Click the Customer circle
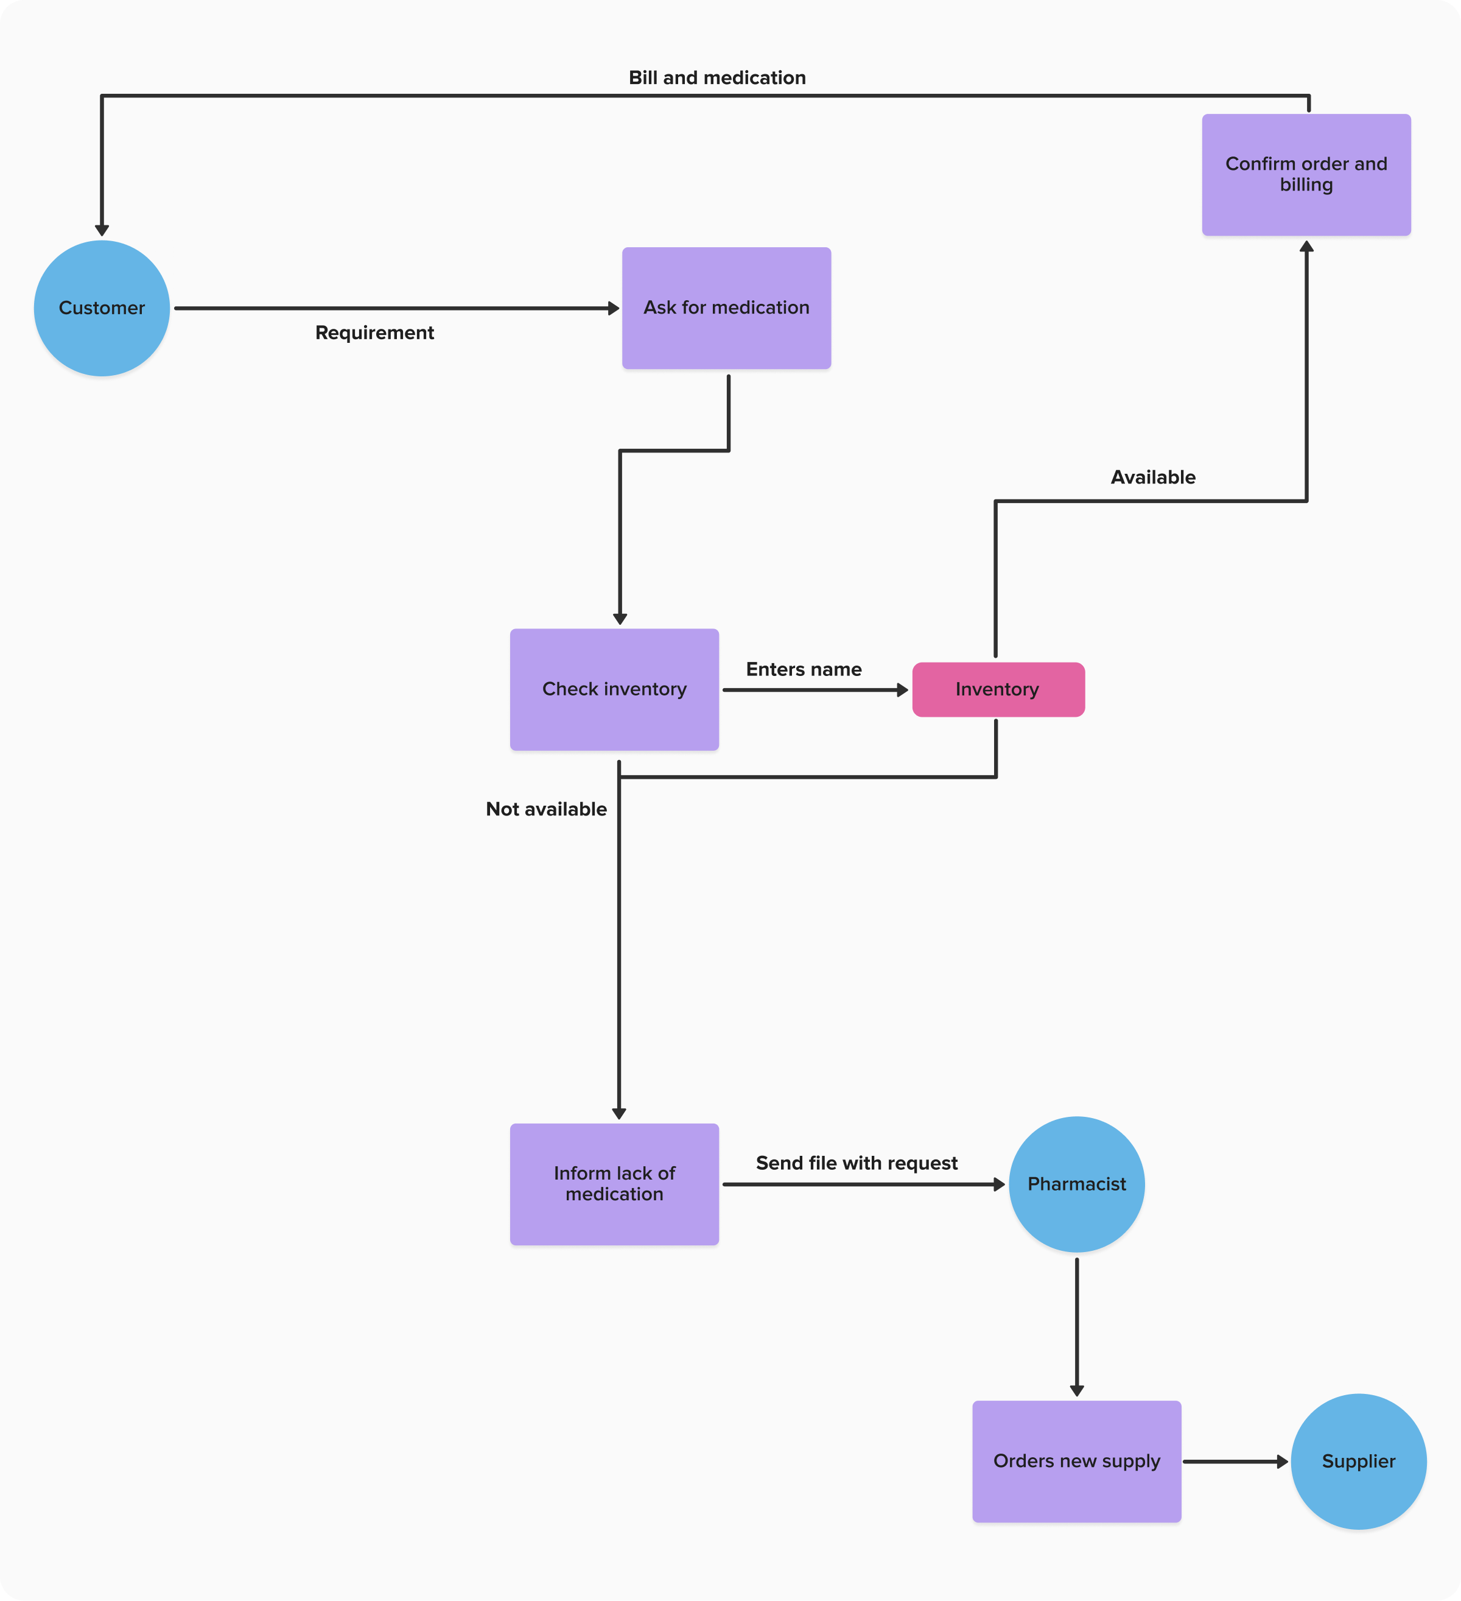(x=102, y=308)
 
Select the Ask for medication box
(x=726, y=308)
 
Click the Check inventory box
(x=614, y=689)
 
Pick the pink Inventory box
(x=997, y=689)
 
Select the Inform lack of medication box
(x=614, y=1183)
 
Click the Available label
(x=1152, y=477)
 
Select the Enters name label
(x=803, y=669)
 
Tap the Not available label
(x=545, y=809)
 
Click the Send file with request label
(x=856, y=1163)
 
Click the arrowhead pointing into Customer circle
(x=102, y=230)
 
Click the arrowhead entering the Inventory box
(x=902, y=690)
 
